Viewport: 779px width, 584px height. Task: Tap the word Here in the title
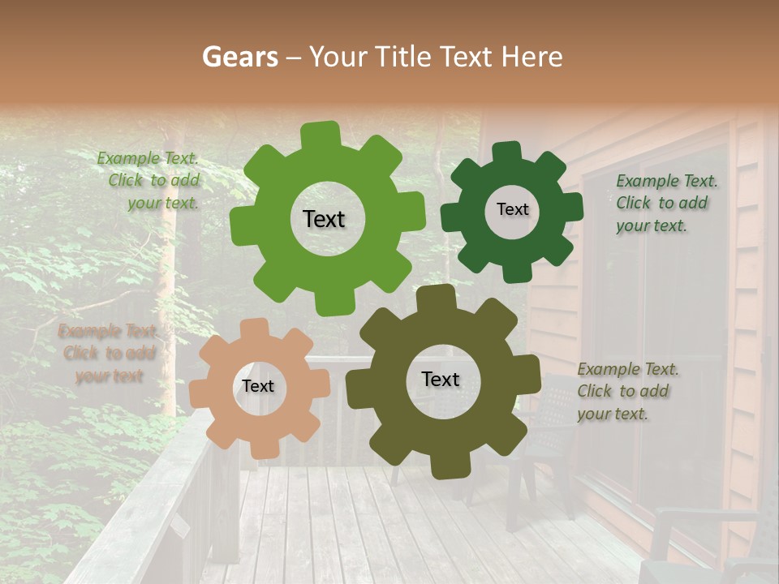[532, 57]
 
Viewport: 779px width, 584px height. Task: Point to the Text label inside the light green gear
[324, 219]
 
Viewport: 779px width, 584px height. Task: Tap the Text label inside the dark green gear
[512, 209]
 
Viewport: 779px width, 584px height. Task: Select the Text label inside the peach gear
[258, 386]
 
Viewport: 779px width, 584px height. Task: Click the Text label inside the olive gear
[441, 379]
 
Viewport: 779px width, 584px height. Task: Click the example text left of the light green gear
[151, 181]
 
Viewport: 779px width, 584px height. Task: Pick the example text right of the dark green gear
[665, 203]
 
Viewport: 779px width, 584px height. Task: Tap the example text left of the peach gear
[108, 353]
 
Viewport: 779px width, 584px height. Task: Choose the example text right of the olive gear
[626, 391]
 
